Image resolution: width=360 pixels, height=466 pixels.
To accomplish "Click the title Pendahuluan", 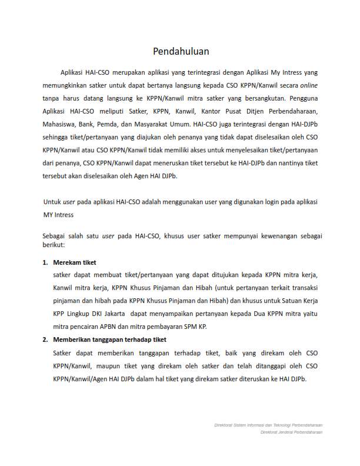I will pos(181,51).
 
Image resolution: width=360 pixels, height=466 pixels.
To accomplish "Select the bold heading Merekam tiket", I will pos(74,262).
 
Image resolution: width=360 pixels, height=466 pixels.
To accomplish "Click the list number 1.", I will pos(45,262).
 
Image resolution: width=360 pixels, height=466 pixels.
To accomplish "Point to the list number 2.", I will pos(45,340).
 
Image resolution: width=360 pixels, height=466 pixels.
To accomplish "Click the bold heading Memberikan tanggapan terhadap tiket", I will pos(109,340).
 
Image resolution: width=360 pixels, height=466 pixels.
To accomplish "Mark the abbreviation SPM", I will pos(191,327).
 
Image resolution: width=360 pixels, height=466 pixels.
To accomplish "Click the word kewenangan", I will pos(264,236).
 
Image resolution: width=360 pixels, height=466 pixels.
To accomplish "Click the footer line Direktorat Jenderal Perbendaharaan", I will pos(292,432).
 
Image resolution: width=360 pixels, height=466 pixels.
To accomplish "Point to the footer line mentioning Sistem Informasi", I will pos(268,425).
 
